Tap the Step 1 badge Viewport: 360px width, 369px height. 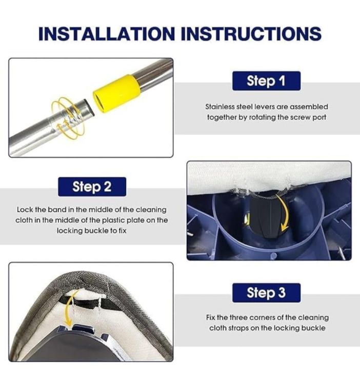tap(266, 80)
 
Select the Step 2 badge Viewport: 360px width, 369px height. tap(91, 186)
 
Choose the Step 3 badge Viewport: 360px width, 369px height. tap(266, 293)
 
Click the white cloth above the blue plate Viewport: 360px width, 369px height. tap(267, 177)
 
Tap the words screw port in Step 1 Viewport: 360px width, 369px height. tap(311, 117)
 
